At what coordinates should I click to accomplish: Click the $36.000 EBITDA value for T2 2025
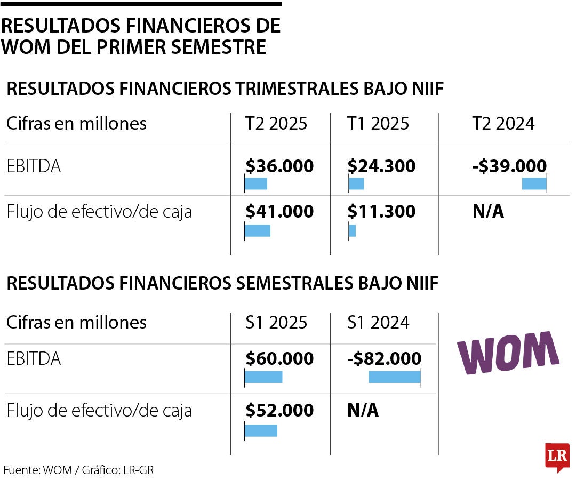click(x=279, y=166)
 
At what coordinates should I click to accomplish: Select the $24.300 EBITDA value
click(x=381, y=166)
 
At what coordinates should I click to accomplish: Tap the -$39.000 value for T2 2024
click(x=509, y=166)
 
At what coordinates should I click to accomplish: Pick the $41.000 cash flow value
click(x=279, y=212)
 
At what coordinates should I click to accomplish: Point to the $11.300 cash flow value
click(x=381, y=212)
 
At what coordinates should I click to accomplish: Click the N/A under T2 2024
click(x=488, y=212)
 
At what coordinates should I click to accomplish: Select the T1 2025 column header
click(x=378, y=124)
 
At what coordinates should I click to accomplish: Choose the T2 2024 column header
click(x=503, y=124)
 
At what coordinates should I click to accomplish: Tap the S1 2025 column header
click(x=276, y=322)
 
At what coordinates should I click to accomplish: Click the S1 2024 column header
click(x=378, y=322)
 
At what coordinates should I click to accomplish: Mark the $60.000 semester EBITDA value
click(x=279, y=359)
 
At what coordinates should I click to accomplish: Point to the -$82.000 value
click(x=385, y=359)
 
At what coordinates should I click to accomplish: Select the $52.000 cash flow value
click(x=279, y=410)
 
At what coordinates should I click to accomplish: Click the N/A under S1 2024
click(x=363, y=410)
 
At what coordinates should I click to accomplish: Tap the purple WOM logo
click(x=508, y=353)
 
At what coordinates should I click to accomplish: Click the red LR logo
click(x=557, y=457)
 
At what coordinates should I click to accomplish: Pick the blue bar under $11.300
click(x=352, y=231)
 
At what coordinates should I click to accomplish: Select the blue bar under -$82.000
click(x=395, y=377)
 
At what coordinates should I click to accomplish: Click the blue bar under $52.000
click(x=261, y=430)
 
